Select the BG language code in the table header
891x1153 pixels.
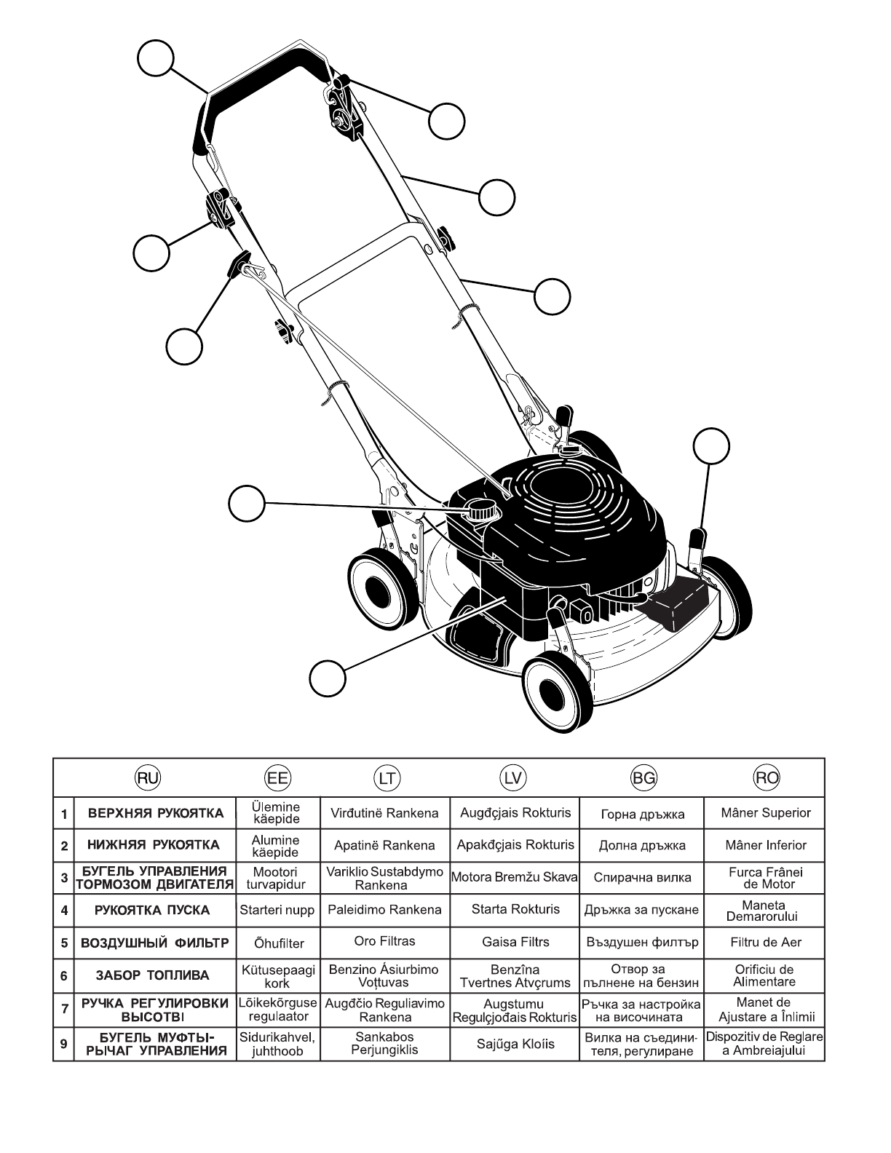(643, 777)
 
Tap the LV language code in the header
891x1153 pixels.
(514, 777)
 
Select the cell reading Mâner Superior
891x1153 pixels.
(766, 812)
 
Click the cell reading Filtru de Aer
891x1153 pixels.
(766, 942)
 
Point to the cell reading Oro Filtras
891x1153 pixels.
(384, 941)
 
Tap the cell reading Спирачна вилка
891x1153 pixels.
(643, 877)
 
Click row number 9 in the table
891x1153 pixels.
(64, 1045)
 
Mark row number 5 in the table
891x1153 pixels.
(64, 943)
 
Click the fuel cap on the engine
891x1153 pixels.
(479, 510)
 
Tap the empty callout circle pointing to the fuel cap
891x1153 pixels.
(247, 503)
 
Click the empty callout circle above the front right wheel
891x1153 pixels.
(710, 446)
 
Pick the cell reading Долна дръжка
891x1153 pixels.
(643, 846)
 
